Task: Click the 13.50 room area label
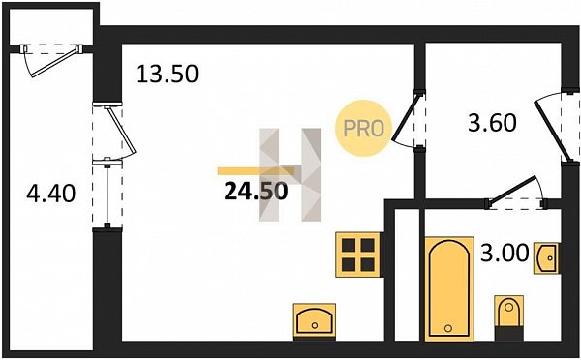[168, 74]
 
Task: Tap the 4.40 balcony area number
[51, 193]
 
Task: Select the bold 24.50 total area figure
[256, 192]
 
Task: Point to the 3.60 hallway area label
[492, 123]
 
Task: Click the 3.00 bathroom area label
[505, 254]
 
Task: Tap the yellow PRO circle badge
[363, 129]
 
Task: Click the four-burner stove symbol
[358, 255]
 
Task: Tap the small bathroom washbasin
[546, 258]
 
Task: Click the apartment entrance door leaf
[550, 133]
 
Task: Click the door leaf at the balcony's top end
[55, 63]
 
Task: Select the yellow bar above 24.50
[256, 170]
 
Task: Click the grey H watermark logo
[290, 175]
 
